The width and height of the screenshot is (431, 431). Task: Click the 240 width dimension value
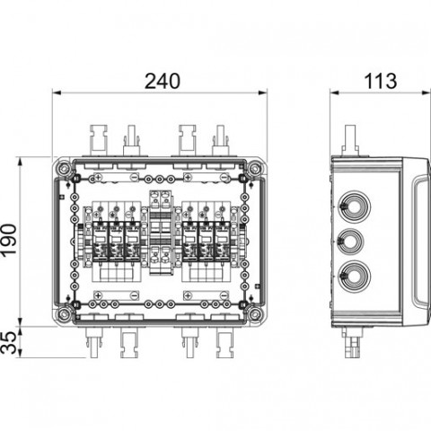click(x=163, y=81)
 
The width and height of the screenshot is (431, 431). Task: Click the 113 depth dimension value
click(x=381, y=81)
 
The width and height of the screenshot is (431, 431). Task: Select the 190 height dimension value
click(x=9, y=240)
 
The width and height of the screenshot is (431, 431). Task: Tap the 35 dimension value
click(x=9, y=342)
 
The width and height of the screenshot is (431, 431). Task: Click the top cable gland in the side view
click(x=355, y=207)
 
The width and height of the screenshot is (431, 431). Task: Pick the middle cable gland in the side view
click(x=351, y=242)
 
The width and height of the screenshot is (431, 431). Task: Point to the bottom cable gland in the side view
click(x=355, y=276)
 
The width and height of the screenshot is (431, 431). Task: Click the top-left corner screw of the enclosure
click(x=63, y=169)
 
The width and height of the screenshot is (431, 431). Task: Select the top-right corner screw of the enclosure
click(x=254, y=169)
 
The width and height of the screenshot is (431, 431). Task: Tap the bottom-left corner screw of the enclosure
click(x=63, y=314)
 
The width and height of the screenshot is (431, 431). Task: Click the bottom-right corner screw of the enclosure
click(x=254, y=314)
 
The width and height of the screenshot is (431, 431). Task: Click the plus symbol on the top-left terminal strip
click(x=98, y=178)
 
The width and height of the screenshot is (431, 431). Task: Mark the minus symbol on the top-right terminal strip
click(x=224, y=178)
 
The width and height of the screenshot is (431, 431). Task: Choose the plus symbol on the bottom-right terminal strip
click(x=188, y=295)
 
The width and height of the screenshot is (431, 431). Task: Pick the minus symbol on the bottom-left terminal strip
click(x=134, y=295)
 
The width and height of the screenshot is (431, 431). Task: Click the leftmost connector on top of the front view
click(x=98, y=140)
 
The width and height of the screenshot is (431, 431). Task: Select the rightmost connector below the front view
click(x=224, y=343)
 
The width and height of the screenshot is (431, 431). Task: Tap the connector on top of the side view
click(x=350, y=140)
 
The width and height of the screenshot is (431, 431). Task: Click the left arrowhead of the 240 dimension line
click(x=57, y=92)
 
